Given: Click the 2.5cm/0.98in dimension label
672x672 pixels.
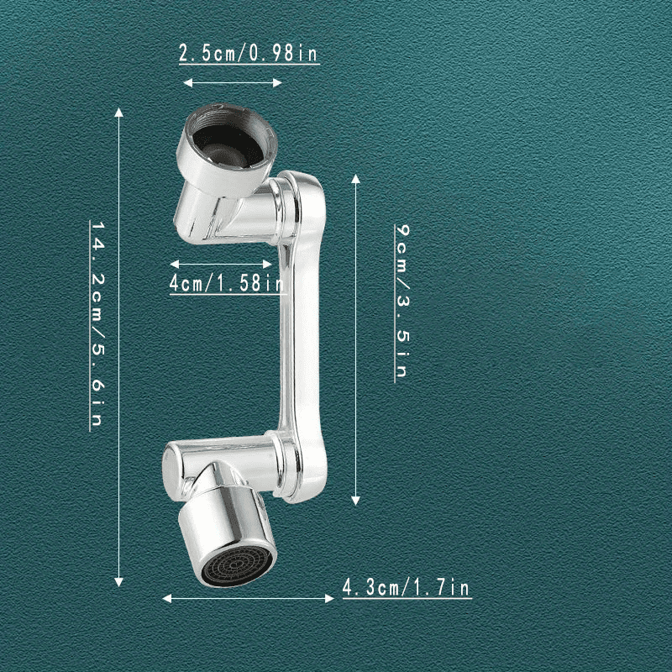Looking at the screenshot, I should click(x=248, y=54).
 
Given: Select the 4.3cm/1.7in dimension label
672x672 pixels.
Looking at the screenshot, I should click(x=406, y=588).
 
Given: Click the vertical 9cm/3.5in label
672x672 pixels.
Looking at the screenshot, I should click(x=402, y=300).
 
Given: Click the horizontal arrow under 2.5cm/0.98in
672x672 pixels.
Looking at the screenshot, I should click(x=233, y=82).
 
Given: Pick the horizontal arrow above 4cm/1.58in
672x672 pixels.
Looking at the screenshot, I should click(x=221, y=263).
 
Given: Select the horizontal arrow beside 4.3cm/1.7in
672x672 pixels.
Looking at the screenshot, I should click(x=249, y=598).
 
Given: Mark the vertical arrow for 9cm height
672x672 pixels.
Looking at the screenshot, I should click(x=356, y=339).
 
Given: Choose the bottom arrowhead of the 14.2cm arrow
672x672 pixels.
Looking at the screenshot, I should click(x=119, y=581).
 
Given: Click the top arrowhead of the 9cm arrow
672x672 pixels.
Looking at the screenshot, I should click(x=356, y=180).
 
